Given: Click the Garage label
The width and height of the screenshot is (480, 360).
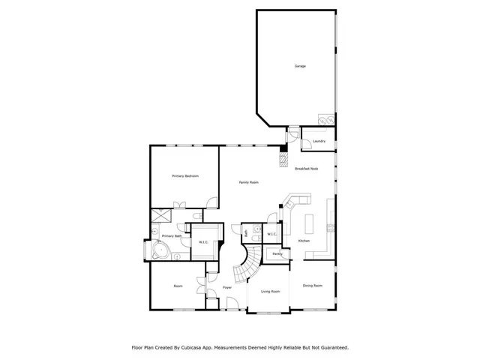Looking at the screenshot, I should [x=300, y=67].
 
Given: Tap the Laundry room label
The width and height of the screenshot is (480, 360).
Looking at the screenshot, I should [x=319, y=141].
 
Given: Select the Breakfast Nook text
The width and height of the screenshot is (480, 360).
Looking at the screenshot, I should [x=306, y=169].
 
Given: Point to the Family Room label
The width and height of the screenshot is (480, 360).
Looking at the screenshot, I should [x=249, y=183].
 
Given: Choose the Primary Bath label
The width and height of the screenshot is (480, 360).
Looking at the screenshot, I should [x=172, y=235].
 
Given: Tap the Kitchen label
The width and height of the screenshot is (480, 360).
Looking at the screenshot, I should [x=304, y=241].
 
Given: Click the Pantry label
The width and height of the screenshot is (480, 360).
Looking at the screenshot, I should [x=277, y=254].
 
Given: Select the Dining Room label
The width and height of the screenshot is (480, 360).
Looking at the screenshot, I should [x=313, y=286].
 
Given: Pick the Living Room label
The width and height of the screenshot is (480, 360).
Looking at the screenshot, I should [x=270, y=291].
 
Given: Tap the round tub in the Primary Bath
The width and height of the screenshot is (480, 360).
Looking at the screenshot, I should [x=159, y=250].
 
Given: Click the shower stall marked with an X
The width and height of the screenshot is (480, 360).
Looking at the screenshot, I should [x=160, y=215].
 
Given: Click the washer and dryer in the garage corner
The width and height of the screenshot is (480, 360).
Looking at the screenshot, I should [x=326, y=120].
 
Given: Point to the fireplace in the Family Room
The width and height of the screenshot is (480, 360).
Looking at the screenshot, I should [x=283, y=160].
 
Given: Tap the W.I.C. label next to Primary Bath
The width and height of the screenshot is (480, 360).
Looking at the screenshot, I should [x=203, y=241].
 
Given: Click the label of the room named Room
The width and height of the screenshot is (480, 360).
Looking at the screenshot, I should [x=178, y=286].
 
